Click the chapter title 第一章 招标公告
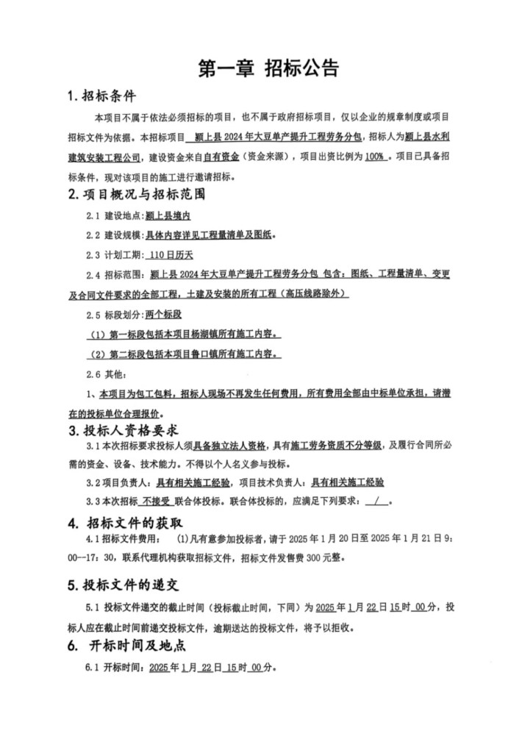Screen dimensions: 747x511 point(269,68)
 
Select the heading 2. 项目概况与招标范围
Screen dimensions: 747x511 point(136,196)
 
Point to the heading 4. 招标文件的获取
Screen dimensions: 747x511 point(125,523)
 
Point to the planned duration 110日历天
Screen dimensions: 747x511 point(170,255)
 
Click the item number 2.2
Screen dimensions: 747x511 point(93,236)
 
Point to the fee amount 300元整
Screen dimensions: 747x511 point(321,558)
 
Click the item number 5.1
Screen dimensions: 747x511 point(93,608)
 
